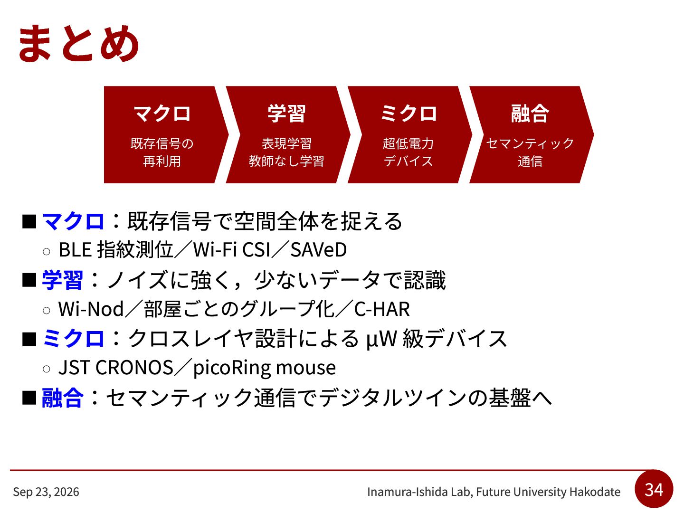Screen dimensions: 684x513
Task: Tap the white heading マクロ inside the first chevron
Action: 162,114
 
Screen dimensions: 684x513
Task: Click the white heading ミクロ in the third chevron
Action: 408,114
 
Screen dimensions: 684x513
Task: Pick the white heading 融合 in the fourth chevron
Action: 530,114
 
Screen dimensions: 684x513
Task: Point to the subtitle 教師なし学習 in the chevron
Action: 286,161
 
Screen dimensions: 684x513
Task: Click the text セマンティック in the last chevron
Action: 530,143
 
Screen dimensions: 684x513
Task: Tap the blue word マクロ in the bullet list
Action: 73,221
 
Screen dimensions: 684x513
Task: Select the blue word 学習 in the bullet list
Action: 62,280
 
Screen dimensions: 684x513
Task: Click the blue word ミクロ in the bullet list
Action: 73,339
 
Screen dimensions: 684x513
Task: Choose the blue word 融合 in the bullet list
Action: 62,398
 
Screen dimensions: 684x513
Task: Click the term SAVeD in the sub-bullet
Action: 318,249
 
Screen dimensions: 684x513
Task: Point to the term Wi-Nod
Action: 91,309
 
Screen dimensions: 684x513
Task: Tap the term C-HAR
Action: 382,309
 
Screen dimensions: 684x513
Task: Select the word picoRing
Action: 231,368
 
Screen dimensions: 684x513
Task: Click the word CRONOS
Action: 134,367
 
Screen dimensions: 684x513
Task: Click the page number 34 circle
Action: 654,489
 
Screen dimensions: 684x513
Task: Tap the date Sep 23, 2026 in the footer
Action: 46,492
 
